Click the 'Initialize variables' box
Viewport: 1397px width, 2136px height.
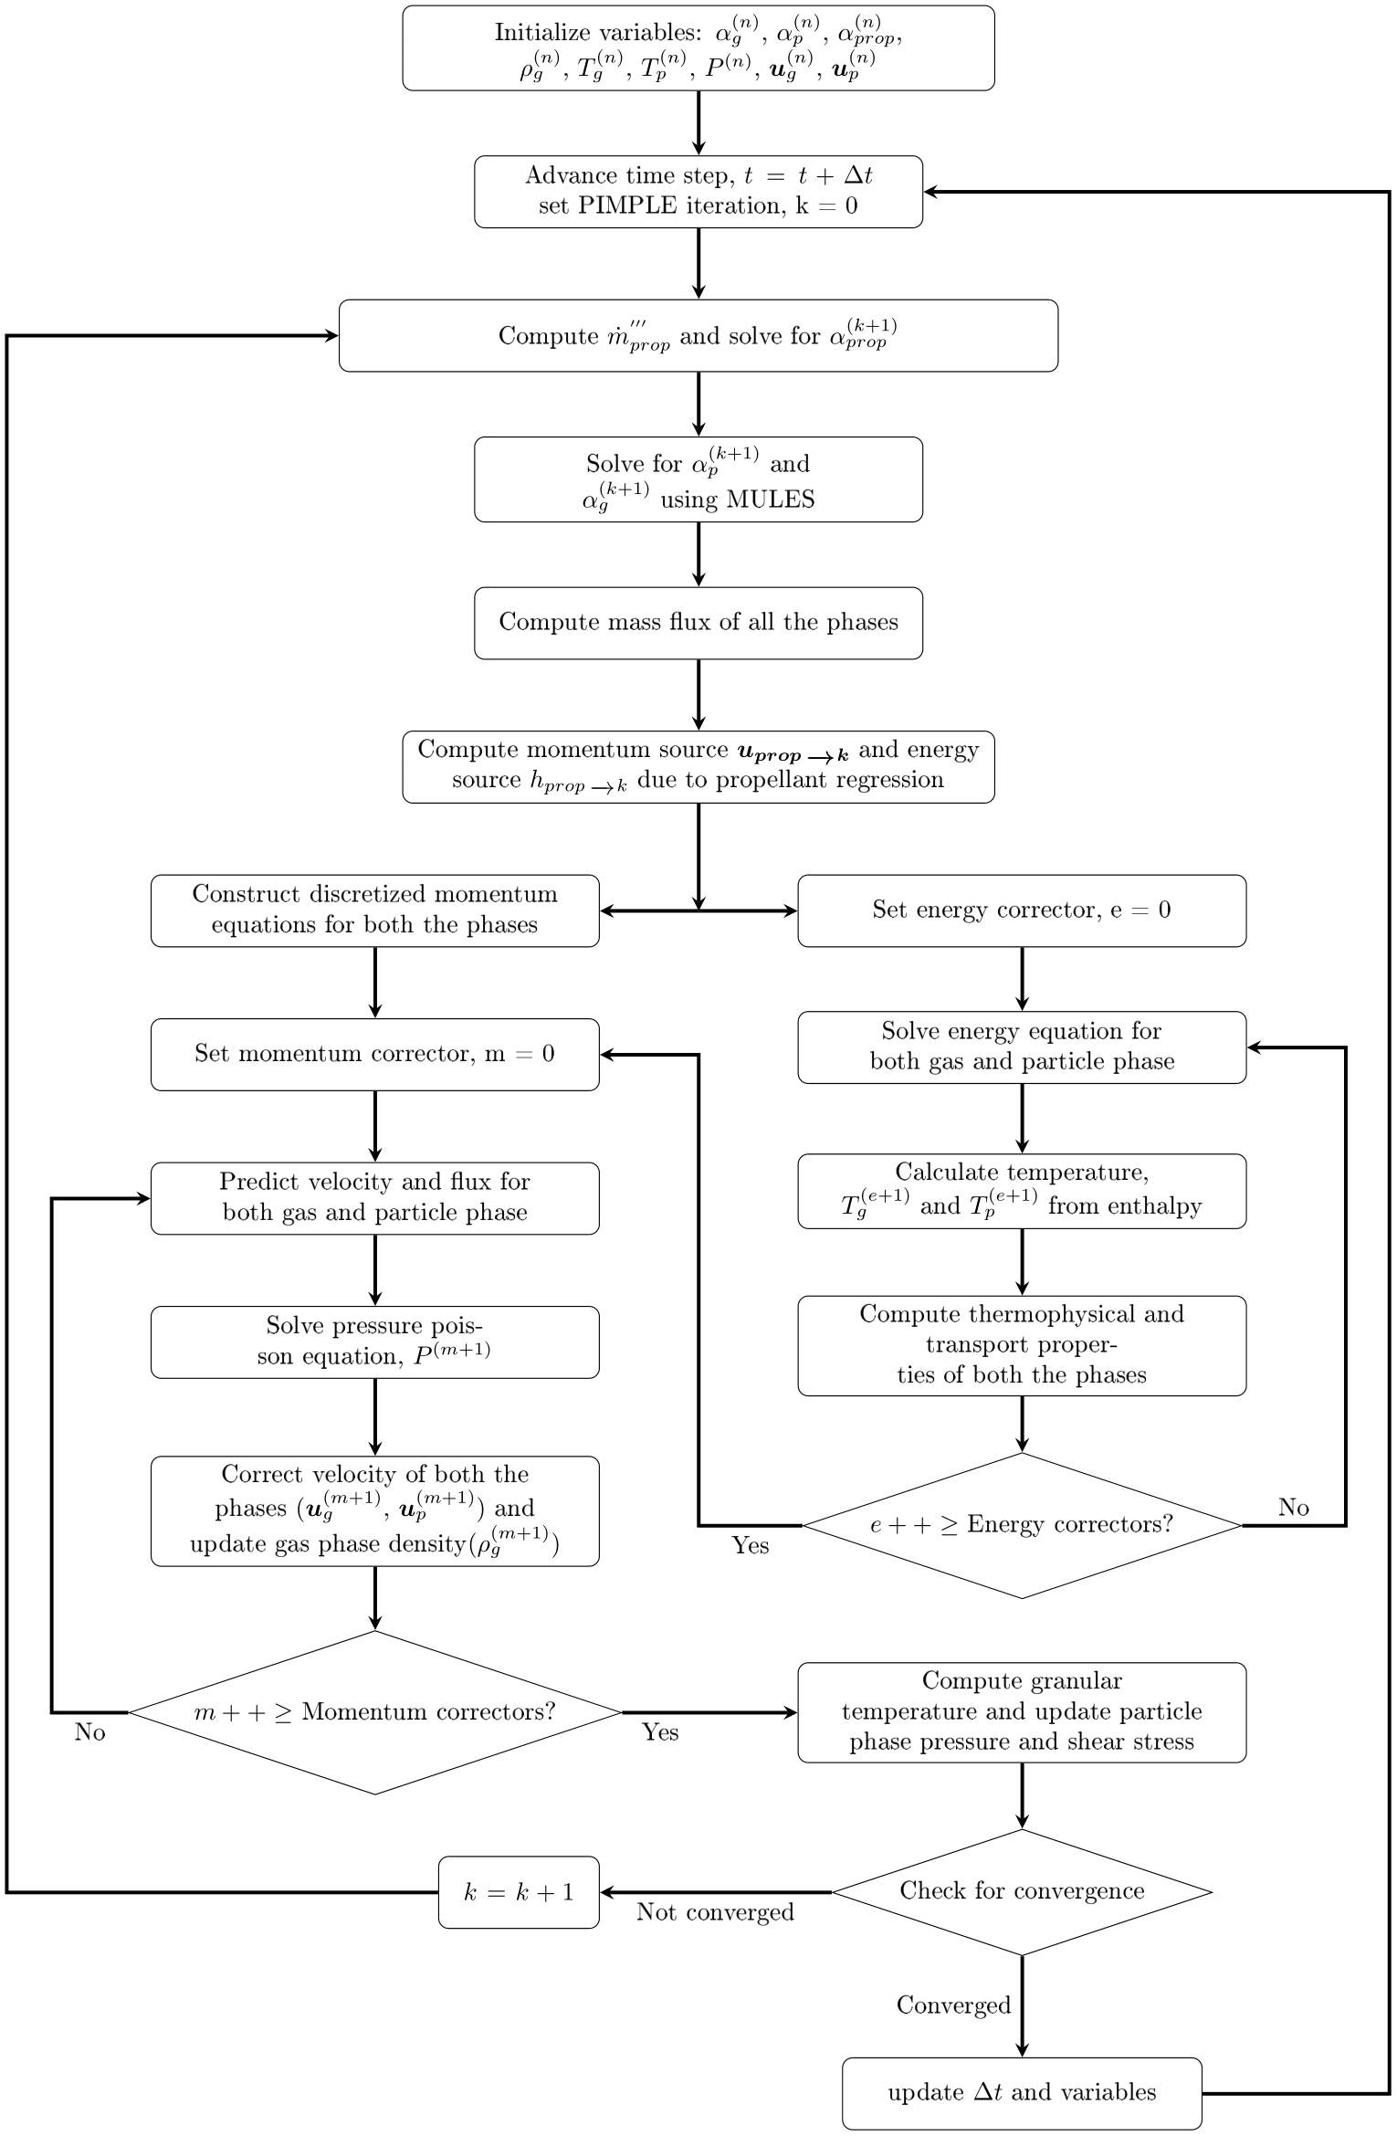pyautogui.click(x=698, y=47)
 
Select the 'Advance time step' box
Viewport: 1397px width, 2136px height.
pyautogui.click(x=698, y=191)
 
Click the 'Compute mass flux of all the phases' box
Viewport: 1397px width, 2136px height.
pyautogui.click(x=698, y=623)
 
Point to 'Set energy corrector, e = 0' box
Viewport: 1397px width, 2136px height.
pyautogui.click(x=1021, y=910)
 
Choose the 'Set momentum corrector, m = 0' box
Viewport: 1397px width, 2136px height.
pyautogui.click(x=374, y=1054)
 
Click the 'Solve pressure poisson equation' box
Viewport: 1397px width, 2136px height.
pyautogui.click(x=374, y=1342)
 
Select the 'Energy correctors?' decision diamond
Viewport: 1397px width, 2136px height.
pyautogui.click(x=1021, y=1524)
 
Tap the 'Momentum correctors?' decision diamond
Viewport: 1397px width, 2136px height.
pyautogui.click(x=374, y=1712)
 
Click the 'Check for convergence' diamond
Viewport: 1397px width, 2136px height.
pyautogui.click(x=1021, y=1891)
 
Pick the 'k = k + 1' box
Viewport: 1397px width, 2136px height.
pyautogui.click(x=519, y=1892)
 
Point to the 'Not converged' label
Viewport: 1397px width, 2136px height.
pyautogui.click(x=715, y=1912)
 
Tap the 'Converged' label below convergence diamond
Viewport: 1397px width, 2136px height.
pyautogui.click(x=953, y=2005)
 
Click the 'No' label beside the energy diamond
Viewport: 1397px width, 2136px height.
pyautogui.click(x=1293, y=1508)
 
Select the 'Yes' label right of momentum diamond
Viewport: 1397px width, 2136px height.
pyautogui.click(x=659, y=1732)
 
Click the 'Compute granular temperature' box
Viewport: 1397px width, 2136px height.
pyautogui.click(x=1021, y=1711)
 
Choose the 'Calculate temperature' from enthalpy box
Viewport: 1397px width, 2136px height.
pyautogui.click(x=1021, y=1191)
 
